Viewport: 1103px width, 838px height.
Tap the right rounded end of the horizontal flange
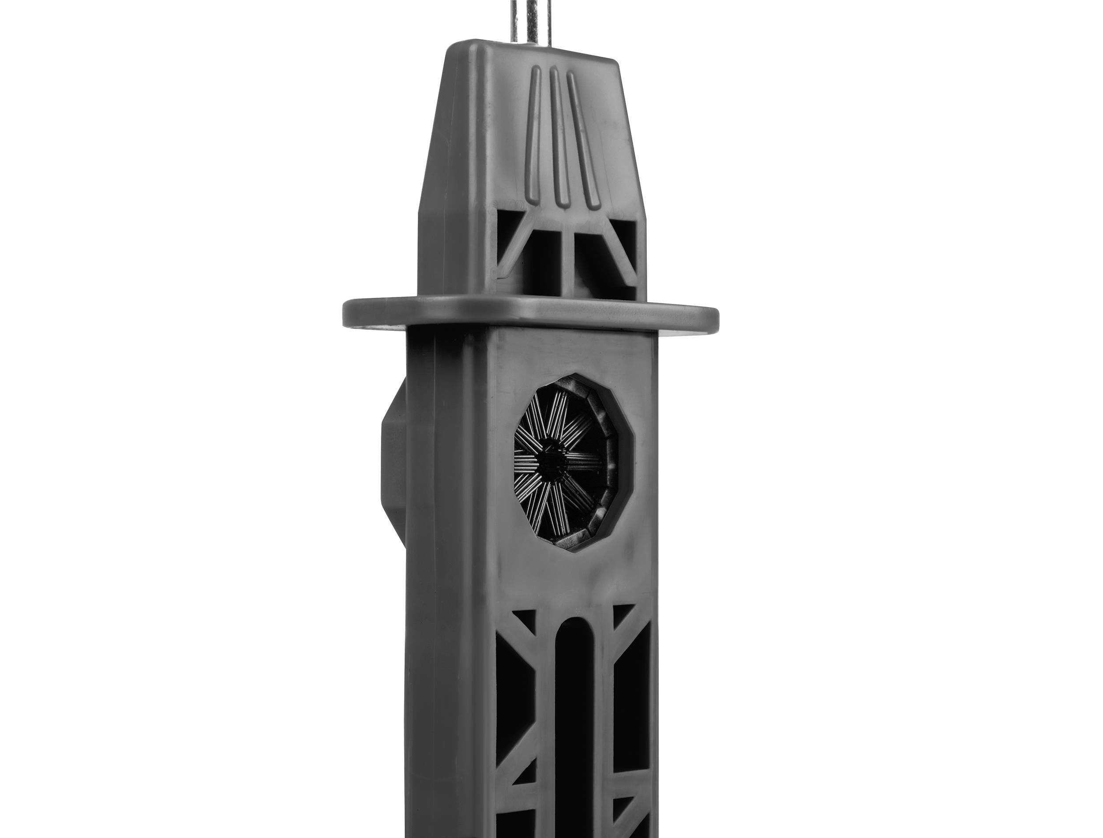(x=711, y=319)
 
